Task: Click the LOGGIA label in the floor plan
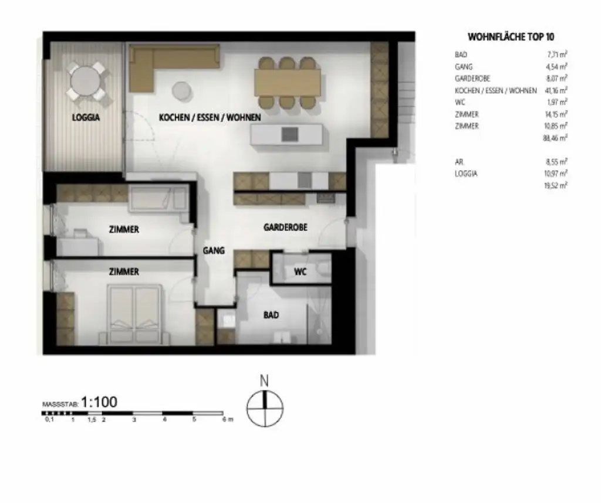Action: [x=86, y=117]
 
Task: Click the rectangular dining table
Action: [x=288, y=82]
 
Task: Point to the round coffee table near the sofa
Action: [x=182, y=91]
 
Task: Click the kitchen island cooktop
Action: [x=289, y=134]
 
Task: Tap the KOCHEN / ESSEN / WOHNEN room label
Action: [x=210, y=117]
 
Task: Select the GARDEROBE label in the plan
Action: [x=285, y=227]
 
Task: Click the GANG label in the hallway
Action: [x=214, y=250]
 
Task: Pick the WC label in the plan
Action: [x=300, y=272]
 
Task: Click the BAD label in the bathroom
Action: [x=271, y=315]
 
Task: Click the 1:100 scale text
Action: [x=99, y=402]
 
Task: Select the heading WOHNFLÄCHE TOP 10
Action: [x=511, y=37]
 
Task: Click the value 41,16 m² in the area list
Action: [x=556, y=90]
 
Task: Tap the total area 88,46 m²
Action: [x=556, y=138]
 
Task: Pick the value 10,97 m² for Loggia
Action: [x=556, y=174]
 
